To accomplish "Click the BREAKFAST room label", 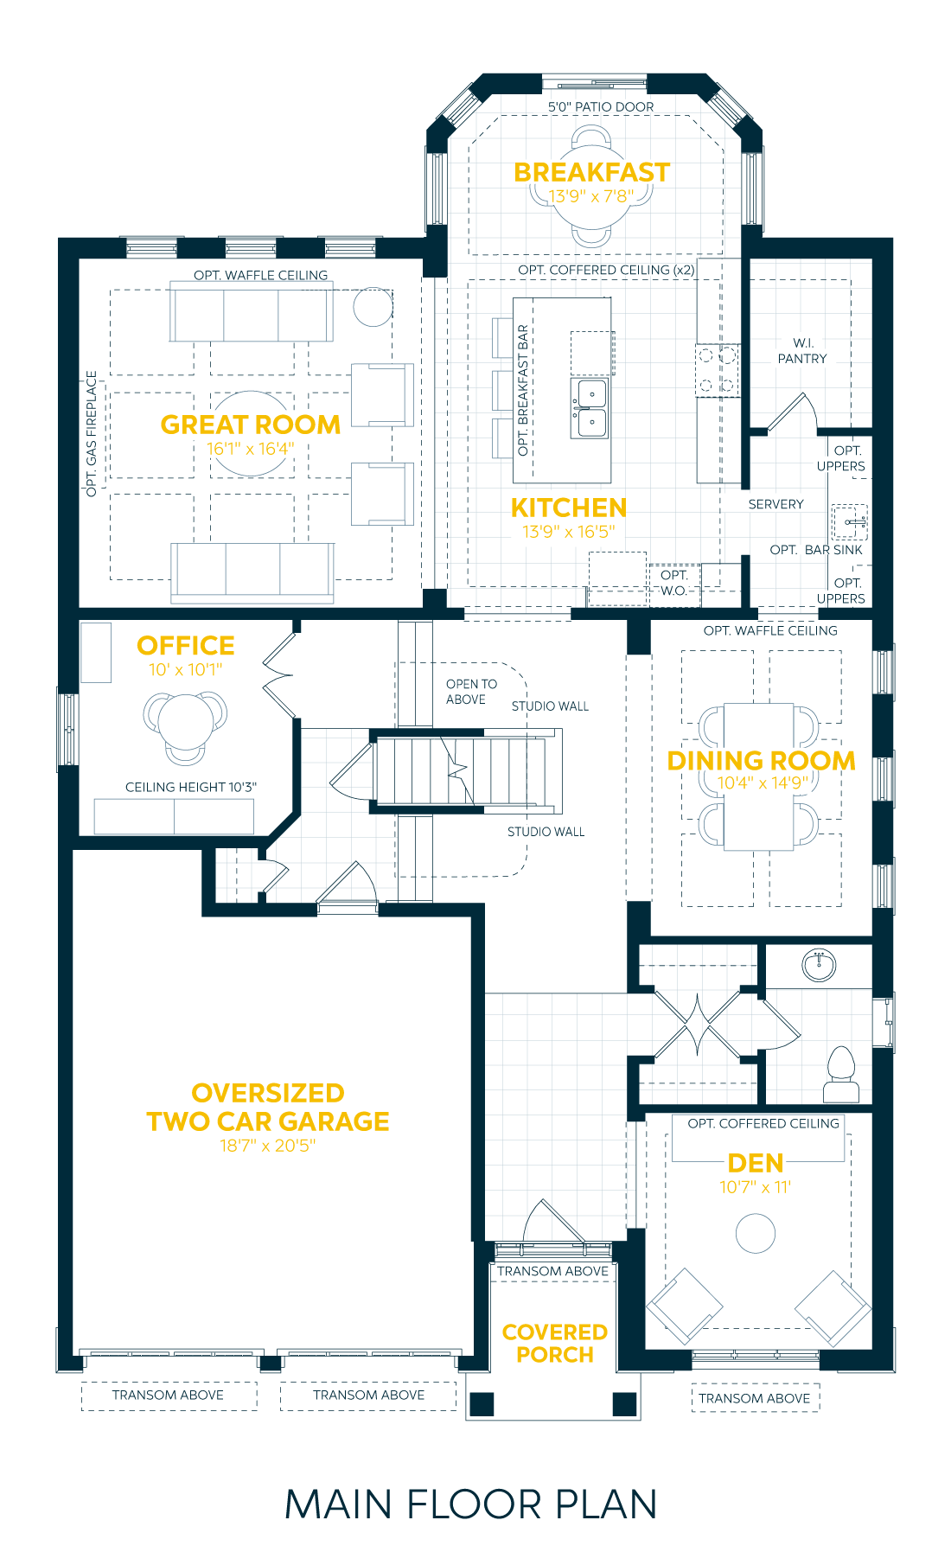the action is point(591,172).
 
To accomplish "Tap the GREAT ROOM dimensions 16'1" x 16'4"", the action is point(250,449).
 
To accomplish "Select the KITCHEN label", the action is point(568,508).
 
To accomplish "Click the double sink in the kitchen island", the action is point(590,408).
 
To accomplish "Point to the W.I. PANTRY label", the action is point(802,351).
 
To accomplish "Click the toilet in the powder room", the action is point(840,1074).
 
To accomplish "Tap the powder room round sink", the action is point(818,964).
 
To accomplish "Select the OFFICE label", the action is point(186,646).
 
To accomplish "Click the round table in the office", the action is point(185,721).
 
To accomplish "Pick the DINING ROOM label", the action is point(761,761).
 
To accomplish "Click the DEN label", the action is point(756,1163).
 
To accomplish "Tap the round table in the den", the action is point(756,1233).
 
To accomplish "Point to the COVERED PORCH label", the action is point(555,1344).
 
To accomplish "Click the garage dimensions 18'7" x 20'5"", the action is point(267,1146).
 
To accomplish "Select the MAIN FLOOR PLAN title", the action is point(471,1504).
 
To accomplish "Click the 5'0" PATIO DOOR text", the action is point(601,107).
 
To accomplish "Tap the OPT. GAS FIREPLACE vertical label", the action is point(92,434).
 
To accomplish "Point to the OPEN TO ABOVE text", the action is point(471,692).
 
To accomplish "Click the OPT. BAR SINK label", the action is point(816,550).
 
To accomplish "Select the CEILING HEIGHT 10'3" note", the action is point(191,787).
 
